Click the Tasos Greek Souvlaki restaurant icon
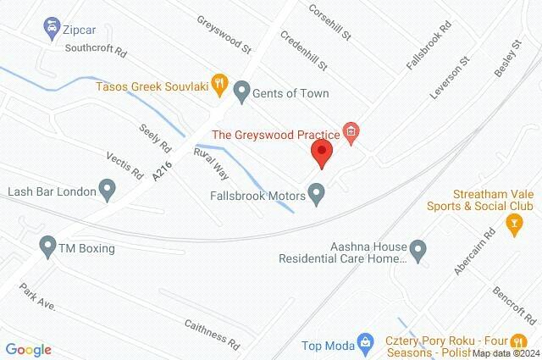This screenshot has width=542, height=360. [x=219, y=83]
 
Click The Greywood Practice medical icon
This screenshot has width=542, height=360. [x=351, y=131]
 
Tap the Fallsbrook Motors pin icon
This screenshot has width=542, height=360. [x=318, y=196]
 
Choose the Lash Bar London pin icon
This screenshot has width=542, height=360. [x=108, y=189]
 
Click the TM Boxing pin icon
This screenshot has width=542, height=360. [x=47, y=248]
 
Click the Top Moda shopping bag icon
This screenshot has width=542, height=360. [x=364, y=343]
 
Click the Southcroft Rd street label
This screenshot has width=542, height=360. [x=95, y=50]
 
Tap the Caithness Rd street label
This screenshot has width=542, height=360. [x=212, y=330]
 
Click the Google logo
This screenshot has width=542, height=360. [x=28, y=350]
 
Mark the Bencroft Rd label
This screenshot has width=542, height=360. [x=513, y=305]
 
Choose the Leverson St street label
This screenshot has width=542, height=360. [x=449, y=79]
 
